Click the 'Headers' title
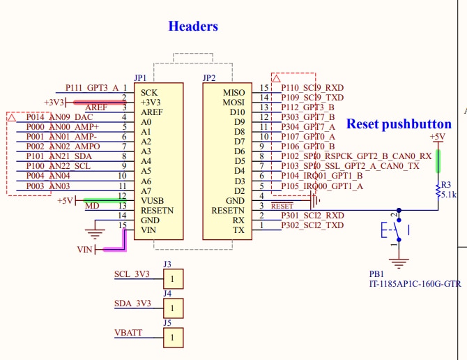point(193,27)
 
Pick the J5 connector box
point(174,338)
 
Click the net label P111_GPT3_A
point(92,88)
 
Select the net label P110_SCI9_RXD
point(312,88)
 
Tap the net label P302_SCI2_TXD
point(312,225)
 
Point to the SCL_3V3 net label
point(132,274)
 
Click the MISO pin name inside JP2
point(233,92)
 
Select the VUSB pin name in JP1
point(152,200)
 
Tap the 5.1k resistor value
point(448,195)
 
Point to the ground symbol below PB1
point(398,263)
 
